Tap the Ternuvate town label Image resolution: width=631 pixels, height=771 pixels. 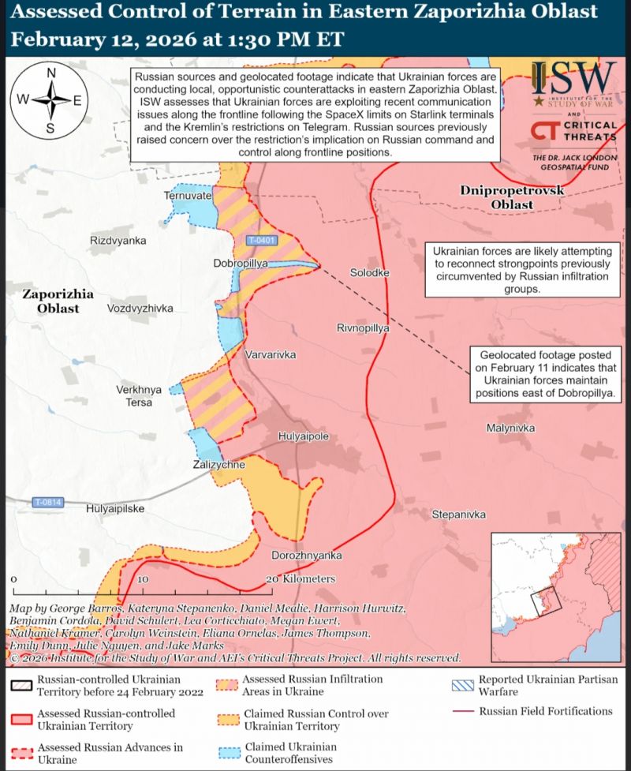coord(187,195)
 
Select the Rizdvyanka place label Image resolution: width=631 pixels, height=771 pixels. coord(118,240)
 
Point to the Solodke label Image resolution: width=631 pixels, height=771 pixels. coord(369,272)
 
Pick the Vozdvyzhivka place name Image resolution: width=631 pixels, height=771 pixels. coord(140,309)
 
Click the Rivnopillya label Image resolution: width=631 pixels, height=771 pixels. coord(363,328)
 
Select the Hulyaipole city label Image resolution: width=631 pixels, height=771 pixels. coord(303,436)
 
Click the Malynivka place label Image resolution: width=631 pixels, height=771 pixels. coord(510,427)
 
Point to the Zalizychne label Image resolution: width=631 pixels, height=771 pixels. coord(218,466)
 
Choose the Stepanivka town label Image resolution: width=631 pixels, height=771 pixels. coord(458,515)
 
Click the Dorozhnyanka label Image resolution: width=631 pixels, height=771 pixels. coord(306,555)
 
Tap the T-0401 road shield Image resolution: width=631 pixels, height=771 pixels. coord(260,240)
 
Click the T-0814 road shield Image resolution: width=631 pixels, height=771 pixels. coord(47,502)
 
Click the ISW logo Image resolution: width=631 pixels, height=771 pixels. coord(573,83)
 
